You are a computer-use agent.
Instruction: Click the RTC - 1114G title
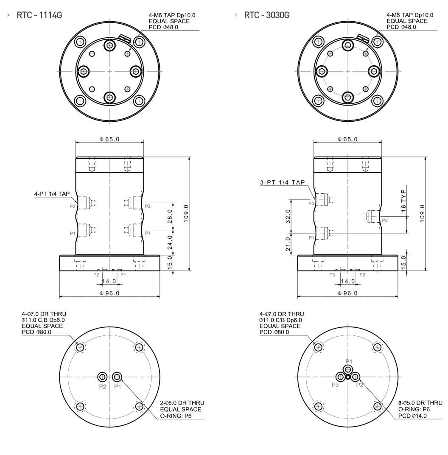point(39,15)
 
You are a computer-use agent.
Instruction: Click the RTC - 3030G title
point(266,15)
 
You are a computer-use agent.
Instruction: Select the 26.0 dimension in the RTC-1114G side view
point(170,216)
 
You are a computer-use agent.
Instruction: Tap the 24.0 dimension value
point(170,242)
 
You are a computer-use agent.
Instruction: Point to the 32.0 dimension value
point(288,216)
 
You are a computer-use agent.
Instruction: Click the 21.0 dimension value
point(288,244)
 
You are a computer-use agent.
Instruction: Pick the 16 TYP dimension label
point(403,201)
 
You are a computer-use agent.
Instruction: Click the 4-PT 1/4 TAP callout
point(52,194)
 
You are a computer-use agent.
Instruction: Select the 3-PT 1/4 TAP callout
point(283,182)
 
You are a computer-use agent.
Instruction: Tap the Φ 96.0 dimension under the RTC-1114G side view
point(109,293)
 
